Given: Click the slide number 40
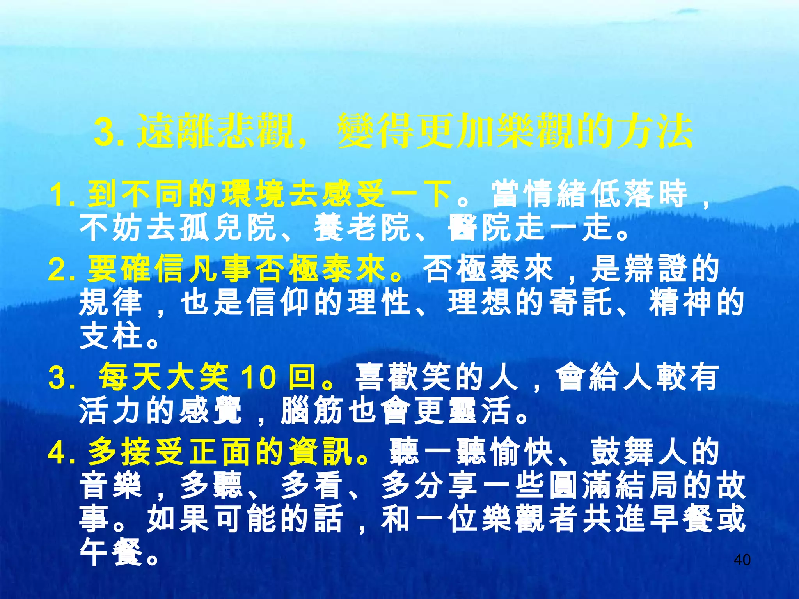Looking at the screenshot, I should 742,560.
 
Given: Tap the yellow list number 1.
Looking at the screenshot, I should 62,195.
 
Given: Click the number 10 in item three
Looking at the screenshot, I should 258,377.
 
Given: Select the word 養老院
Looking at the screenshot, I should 362,228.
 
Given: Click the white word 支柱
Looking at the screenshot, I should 110,336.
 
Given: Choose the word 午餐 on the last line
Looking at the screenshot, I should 110,553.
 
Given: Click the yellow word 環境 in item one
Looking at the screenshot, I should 255,195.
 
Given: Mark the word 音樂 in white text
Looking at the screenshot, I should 110,486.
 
